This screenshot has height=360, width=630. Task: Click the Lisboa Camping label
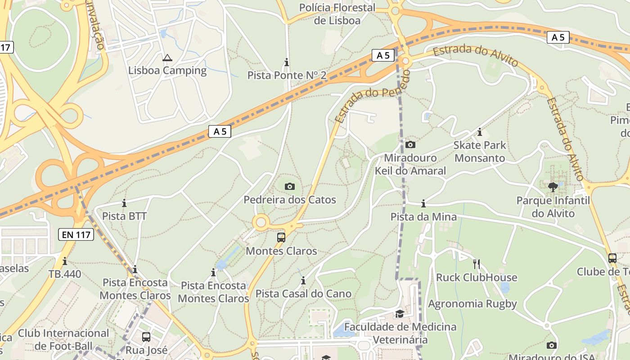point(167,71)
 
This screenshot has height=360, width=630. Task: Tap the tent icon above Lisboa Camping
point(167,58)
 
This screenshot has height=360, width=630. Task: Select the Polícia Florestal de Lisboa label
point(337,14)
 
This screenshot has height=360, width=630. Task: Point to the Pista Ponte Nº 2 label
point(287,75)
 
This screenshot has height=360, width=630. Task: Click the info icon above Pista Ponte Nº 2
point(287,62)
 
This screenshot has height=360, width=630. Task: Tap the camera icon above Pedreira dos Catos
point(290,186)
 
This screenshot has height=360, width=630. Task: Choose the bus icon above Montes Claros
point(281,237)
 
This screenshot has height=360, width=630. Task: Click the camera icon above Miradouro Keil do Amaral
point(410,144)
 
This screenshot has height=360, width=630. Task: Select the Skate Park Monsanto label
point(480,152)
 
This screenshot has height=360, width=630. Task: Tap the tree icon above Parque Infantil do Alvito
point(553,187)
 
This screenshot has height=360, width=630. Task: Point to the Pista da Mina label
point(423,217)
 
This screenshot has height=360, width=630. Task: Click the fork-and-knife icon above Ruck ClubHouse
point(477,264)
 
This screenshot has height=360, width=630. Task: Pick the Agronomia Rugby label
point(472,304)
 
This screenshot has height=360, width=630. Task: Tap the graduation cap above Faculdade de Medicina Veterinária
point(400,314)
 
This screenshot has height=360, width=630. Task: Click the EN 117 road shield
point(76,234)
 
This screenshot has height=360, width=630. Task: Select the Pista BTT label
point(124,216)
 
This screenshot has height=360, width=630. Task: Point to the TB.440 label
point(65,274)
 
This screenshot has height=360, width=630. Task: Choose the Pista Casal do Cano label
point(303,294)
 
